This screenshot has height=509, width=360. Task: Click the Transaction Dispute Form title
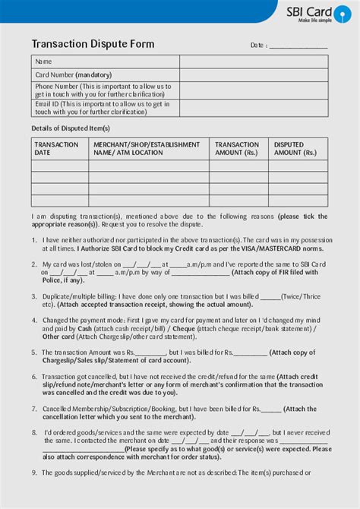93,44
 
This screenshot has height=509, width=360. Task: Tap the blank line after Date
298,46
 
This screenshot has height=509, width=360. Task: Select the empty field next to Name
254,62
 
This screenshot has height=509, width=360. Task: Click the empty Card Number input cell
254,75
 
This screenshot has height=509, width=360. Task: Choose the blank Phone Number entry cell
254,90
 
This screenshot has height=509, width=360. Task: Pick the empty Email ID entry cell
254,108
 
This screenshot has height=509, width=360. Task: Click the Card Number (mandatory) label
73,75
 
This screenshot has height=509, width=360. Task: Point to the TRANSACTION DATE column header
56,148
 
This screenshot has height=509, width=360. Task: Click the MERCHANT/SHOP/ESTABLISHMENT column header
147,148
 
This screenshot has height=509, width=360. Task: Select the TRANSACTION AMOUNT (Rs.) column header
237,148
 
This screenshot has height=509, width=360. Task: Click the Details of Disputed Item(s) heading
71,128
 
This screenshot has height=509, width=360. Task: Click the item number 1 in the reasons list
34,240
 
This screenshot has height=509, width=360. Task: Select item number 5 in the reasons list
34,353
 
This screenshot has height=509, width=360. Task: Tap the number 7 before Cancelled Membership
34,408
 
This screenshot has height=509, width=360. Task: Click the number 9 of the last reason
34,473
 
